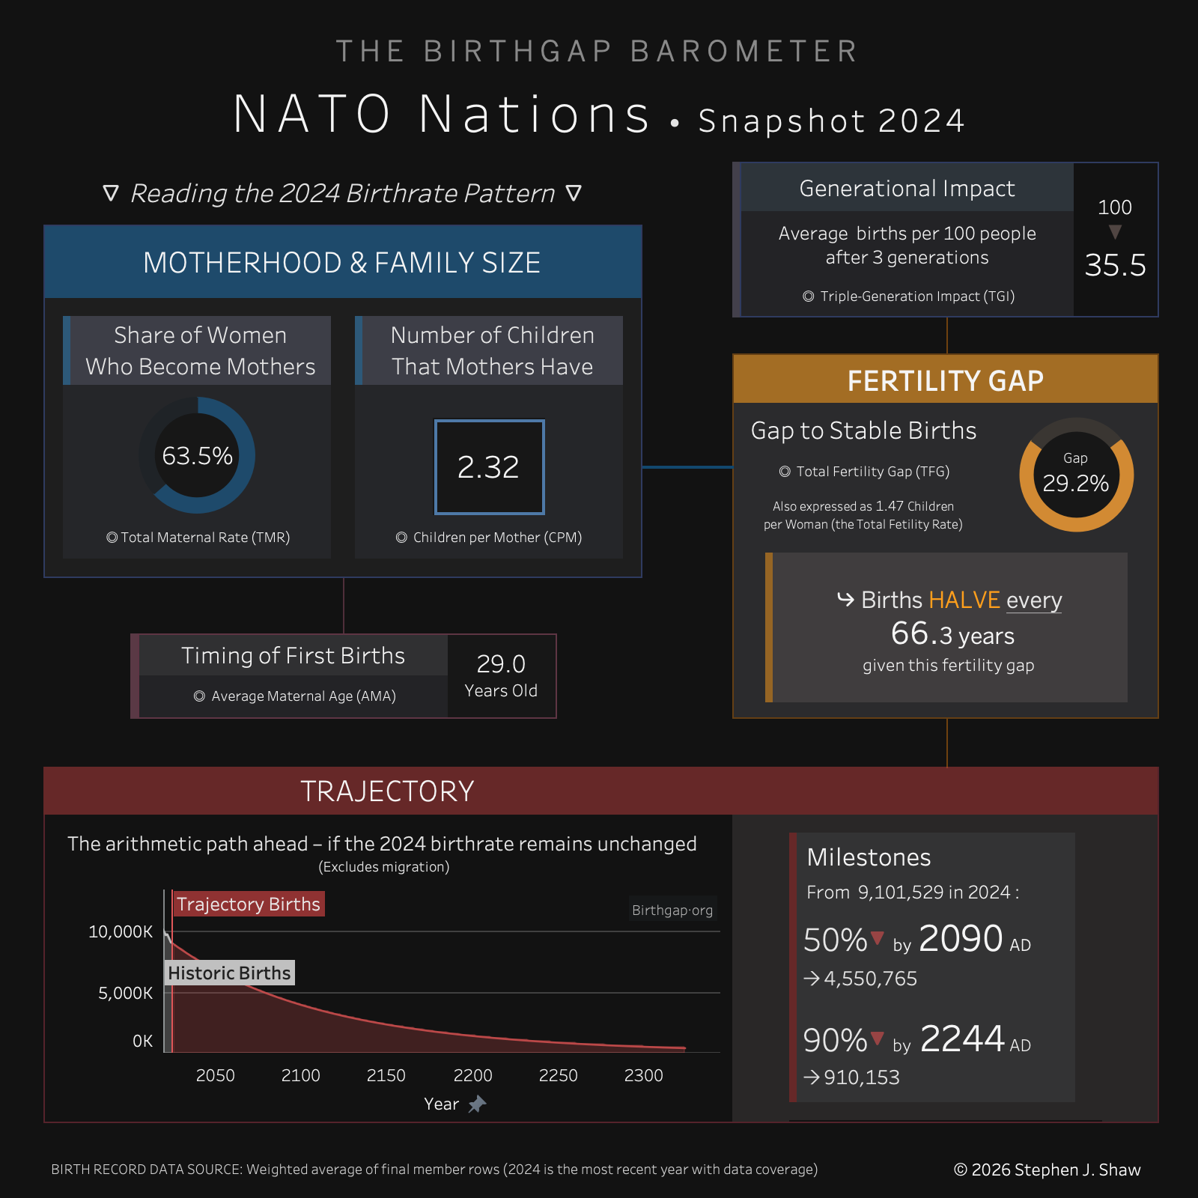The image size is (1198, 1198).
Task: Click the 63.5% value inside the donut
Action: click(x=198, y=456)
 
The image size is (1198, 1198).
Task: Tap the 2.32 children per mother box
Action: click(x=489, y=467)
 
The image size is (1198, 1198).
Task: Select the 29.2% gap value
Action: click(x=1076, y=484)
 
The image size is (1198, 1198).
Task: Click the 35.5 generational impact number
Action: click(x=1115, y=265)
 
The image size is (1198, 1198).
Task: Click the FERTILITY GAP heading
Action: click(x=945, y=381)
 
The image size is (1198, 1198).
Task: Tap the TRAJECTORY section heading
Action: click(x=387, y=791)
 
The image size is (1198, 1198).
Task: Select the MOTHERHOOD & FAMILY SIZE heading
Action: click(x=342, y=263)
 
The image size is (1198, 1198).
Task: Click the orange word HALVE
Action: click(x=964, y=600)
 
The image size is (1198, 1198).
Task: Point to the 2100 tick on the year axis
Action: click(x=300, y=1076)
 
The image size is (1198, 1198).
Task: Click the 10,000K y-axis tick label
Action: click(x=121, y=931)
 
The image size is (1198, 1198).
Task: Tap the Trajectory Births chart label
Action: click(x=249, y=904)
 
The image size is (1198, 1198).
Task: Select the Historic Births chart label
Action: click(x=229, y=973)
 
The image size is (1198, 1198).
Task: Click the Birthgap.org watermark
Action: click(x=672, y=910)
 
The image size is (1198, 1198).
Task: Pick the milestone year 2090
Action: click(x=960, y=939)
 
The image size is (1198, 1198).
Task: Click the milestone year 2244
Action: click(x=961, y=1039)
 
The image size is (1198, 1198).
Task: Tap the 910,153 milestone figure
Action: click(x=861, y=1077)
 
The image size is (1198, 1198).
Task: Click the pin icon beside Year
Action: click(x=477, y=1104)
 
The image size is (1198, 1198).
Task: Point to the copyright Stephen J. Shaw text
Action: click(x=1047, y=1170)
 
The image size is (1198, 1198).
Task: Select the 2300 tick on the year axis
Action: click(x=643, y=1076)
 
